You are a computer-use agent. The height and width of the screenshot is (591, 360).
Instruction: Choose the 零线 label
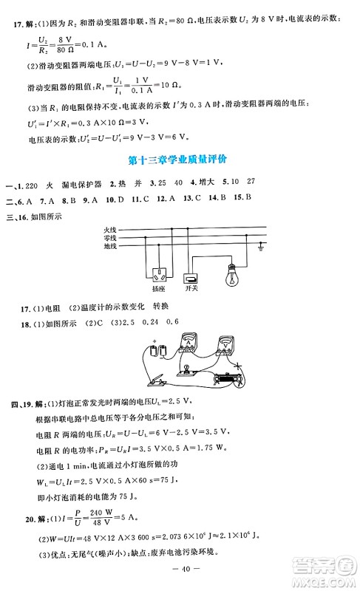pyautogui.click(x=110, y=237)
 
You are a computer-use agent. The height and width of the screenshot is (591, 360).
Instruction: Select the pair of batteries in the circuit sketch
pyautogui.click(x=157, y=351)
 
